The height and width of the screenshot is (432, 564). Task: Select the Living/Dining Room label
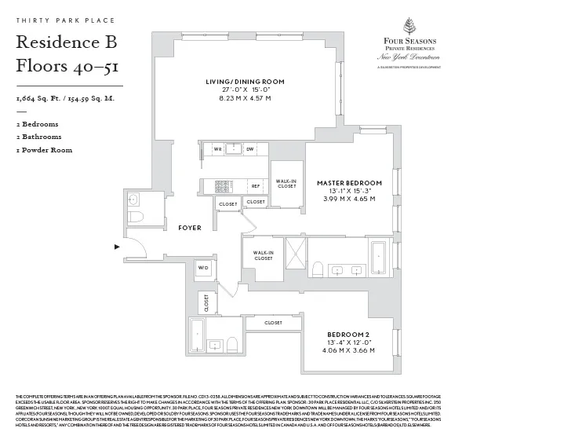[246, 82]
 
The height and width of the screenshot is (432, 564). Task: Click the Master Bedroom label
[349, 183]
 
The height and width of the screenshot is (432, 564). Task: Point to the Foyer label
[189, 228]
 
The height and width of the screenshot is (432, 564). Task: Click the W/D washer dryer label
[204, 268]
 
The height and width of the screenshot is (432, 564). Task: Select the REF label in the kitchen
[255, 186]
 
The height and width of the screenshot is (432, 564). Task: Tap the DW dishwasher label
[249, 148]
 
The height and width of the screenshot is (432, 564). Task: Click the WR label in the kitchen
[217, 148]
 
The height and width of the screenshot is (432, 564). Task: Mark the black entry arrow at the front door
[118, 247]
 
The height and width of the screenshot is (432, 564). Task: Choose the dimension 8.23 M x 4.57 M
[245, 98]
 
